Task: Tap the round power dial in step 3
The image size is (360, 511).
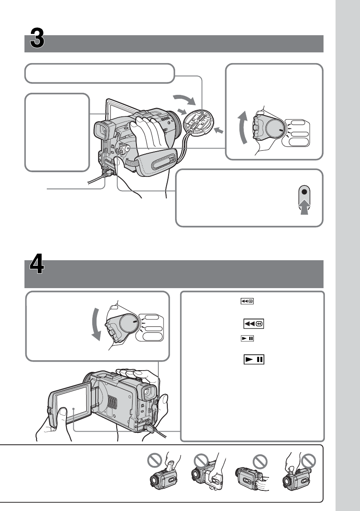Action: pos(273,127)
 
